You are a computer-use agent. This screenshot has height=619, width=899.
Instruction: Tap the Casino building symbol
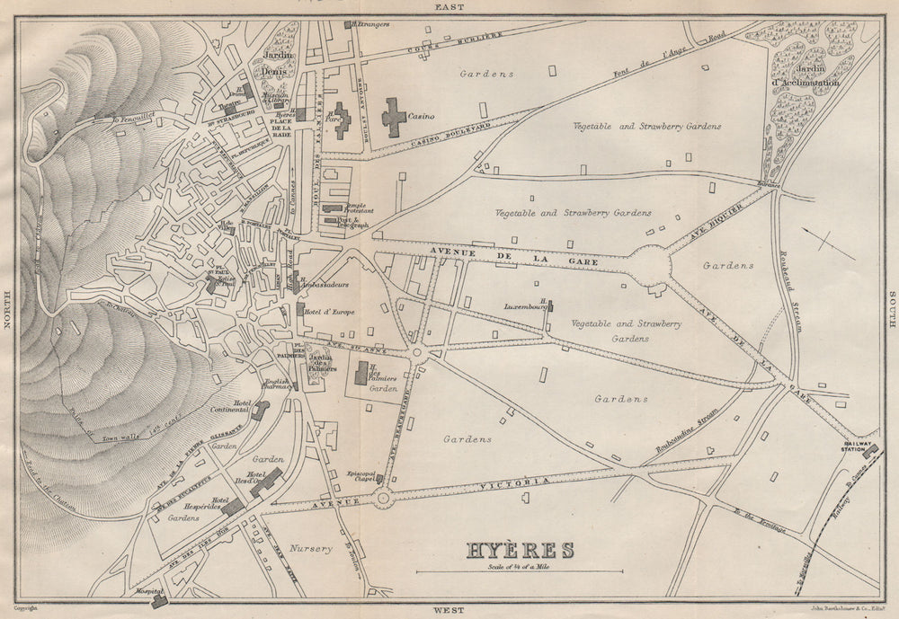pos(393,118)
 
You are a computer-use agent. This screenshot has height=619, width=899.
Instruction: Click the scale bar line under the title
pos(519,571)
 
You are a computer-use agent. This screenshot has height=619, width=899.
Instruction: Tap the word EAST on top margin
pos(449,6)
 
